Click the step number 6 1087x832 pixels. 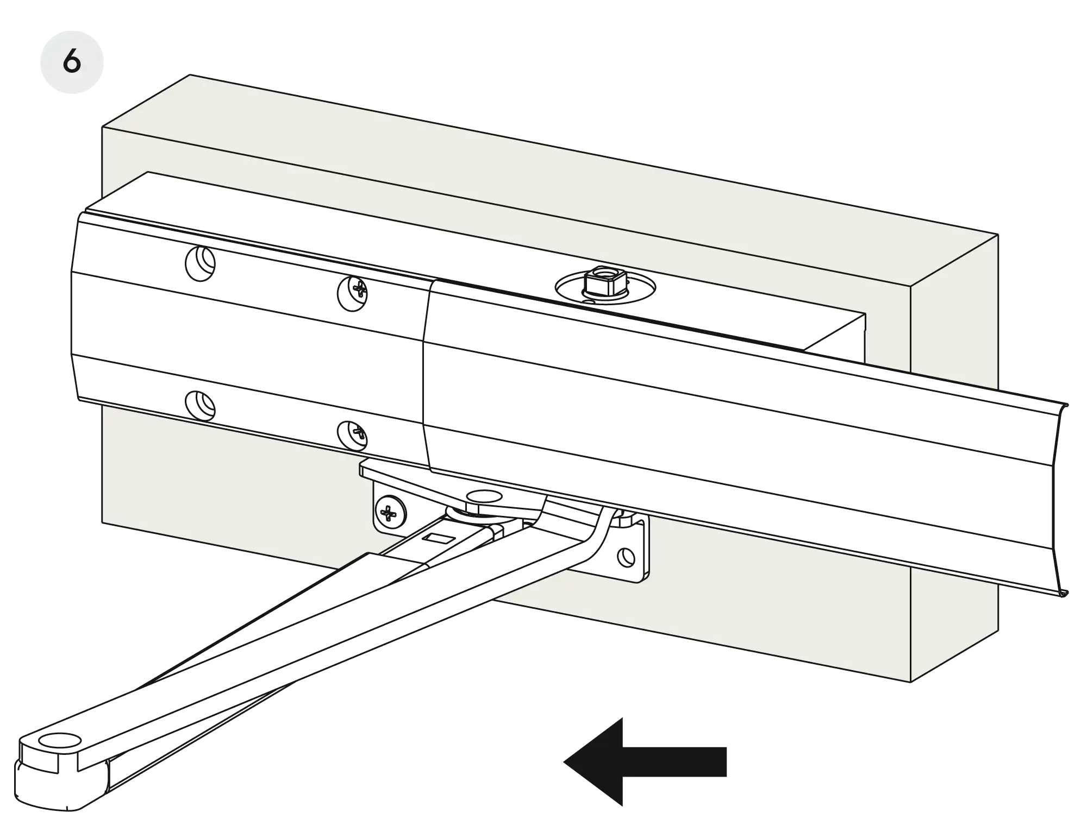click(x=72, y=61)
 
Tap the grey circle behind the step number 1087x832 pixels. click(x=87, y=43)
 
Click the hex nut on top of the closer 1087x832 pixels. click(x=600, y=280)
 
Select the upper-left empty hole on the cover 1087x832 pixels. click(x=201, y=263)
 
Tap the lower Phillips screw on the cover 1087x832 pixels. click(x=353, y=435)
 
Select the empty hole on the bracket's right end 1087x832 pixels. click(x=626, y=556)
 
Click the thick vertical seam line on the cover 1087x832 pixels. click(x=422, y=380)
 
